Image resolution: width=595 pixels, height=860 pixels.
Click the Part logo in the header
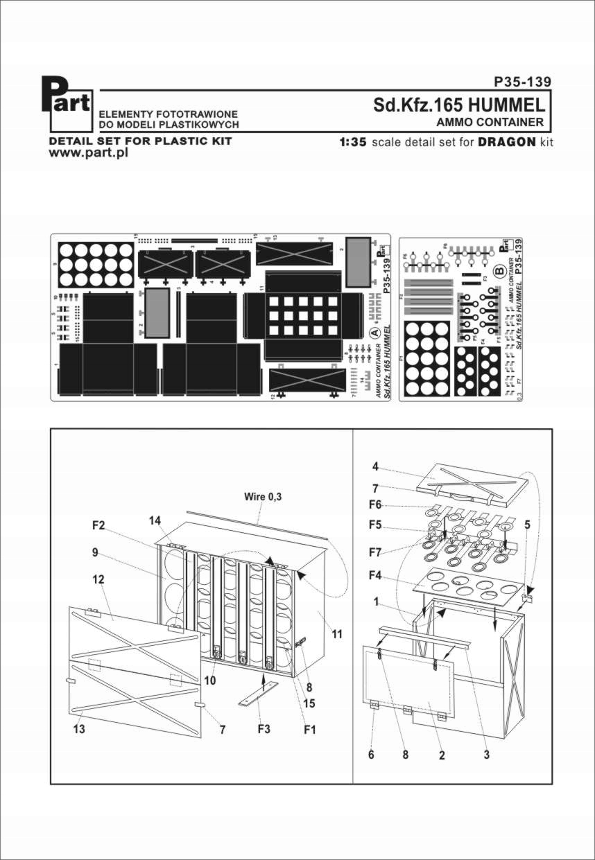pyautogui.click(x=71, y=105)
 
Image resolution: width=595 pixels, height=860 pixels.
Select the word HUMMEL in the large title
pyautogui.click(x=506, y=105)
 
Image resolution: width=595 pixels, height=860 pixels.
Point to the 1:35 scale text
pyautogui.click(x=352, y=141)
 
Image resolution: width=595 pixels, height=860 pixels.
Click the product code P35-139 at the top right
pyautogui.click(x=522, y=82)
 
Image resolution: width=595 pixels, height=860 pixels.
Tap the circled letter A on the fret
pyautogui.click(x=375, y=333)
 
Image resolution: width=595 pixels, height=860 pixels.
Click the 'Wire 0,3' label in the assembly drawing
pyautogui.click(x=264, y=497)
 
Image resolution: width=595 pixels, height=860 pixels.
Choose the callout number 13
pyautogui.click(x=79, y=729)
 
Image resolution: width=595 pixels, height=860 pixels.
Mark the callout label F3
pyautogui.click(x=264, y=730)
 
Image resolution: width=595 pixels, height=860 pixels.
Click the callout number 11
pyautogui.click(x=338, y=633)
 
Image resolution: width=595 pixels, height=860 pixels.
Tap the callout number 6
pyautogui.click(x=371, y=755)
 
